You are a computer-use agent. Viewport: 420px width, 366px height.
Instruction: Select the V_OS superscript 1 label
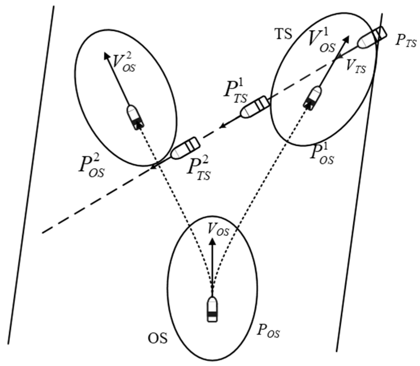click(322, 40)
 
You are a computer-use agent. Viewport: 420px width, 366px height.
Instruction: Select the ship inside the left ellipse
click(135, 117)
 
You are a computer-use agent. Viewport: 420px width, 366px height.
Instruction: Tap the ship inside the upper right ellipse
click(313, 98)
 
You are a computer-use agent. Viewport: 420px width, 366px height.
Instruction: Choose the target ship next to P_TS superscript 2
click(185, 148)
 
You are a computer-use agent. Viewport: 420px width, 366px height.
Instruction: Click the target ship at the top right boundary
click(372, 37)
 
